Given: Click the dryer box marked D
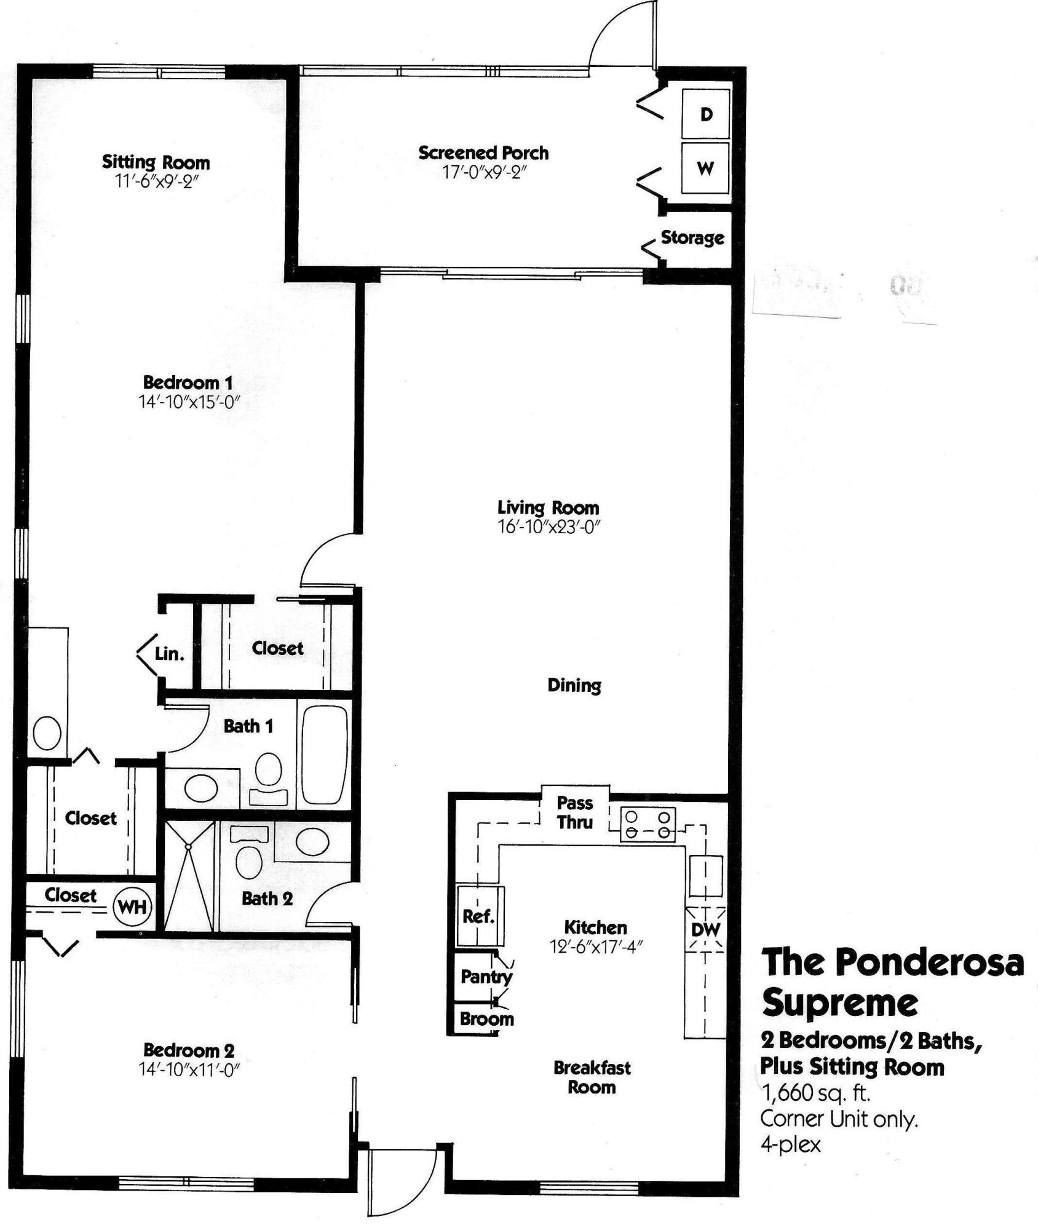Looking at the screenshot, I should [x=706, y=114].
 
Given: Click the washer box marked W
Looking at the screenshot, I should [x=705, y=168].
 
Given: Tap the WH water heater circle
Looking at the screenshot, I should [x=132, y=906].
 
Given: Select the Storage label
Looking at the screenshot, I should [x=692, y=237].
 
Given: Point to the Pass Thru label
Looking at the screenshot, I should [x=575, y=812].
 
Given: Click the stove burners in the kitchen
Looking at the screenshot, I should [x=647, y=824].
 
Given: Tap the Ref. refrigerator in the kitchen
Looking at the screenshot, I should [x=479, y=916].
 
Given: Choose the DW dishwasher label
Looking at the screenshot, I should [x=705, y=929].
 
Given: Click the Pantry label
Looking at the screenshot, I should [x=486, y=976].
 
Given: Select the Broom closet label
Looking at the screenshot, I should [x=486, y=1018].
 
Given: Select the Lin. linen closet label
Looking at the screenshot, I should [x=169, y=654].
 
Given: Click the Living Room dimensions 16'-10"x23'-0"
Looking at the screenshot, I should [x=549, y=526].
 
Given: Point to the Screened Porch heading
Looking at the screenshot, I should [x=483, y=153].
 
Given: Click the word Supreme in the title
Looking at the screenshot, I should [x=840, y=1003].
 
